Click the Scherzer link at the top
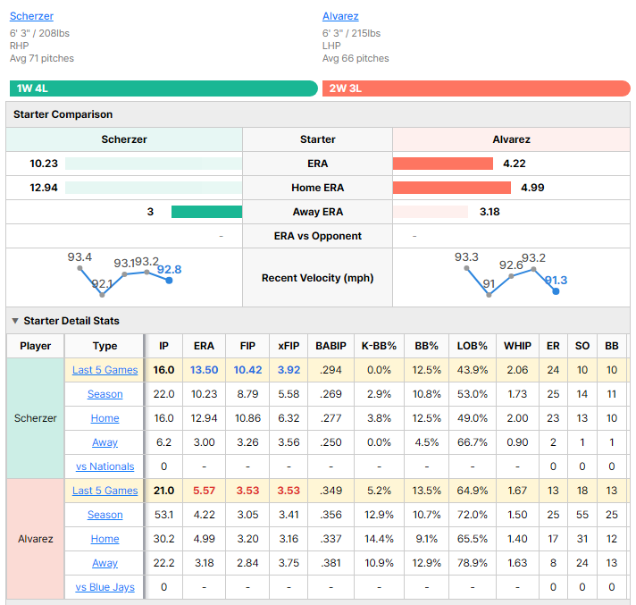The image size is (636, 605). [x=31, y=16]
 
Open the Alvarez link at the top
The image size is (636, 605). [x=340, y=16]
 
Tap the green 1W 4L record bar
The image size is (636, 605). [x=163, y=88]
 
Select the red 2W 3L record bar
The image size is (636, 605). [x=476, y=88]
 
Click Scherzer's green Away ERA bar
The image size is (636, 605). [x=207, y=212]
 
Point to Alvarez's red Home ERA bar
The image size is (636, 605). [x=452, y=188]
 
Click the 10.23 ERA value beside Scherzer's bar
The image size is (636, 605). [x=44, y=164]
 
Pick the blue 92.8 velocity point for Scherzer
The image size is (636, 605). [x=169, y=281]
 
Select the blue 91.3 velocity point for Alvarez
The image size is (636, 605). [x=556, y=291]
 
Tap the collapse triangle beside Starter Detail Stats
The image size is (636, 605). [x=15, y=321]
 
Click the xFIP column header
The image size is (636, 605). [x=289, y=346]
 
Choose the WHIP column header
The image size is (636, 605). [x=517, y=346]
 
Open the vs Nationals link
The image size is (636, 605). [x=105, y=466]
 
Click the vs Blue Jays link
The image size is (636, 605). [x=105, y=587]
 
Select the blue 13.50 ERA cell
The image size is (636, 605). [x=204, y=370]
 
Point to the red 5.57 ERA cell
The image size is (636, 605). [x=204, y=491]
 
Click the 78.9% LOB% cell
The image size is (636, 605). [x=473, y=563]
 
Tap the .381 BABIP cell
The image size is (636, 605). [x=331, y=563]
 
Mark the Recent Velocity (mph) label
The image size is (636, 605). [x=318, y=278]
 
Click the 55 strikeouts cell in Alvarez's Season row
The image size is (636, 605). [x=582, y=515]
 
